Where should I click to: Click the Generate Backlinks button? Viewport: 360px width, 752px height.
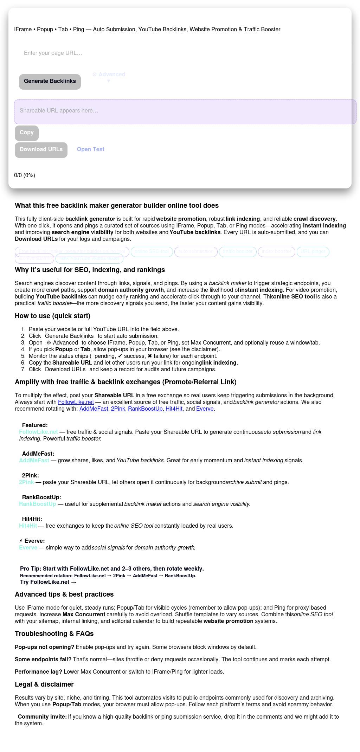point(50,82)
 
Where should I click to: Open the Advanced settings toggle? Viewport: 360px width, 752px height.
point(109,77)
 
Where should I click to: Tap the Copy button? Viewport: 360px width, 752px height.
point(27,133)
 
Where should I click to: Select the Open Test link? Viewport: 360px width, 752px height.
point(91,149)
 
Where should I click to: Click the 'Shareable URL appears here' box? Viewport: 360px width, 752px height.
point(185,111)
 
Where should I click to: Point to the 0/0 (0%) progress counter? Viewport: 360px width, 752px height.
point(25,175)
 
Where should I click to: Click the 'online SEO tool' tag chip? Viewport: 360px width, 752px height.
point(152,252)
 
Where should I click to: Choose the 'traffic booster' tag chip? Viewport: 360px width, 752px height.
point(238,252)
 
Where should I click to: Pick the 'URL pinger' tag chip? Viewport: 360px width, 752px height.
point(313,252)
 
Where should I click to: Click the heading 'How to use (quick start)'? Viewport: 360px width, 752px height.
point(52,316)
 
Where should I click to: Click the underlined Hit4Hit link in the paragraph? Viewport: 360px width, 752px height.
point(174,409)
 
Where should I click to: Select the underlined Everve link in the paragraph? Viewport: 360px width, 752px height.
point(205,409)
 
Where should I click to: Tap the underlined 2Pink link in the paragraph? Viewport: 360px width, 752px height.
point(118,409)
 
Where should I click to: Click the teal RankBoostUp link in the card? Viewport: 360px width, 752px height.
point(38,504)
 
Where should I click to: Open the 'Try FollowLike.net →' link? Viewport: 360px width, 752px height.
point(48,582)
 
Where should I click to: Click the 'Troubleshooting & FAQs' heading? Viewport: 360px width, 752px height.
point(54,634)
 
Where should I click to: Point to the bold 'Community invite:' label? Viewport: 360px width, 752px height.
point(42,716)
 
